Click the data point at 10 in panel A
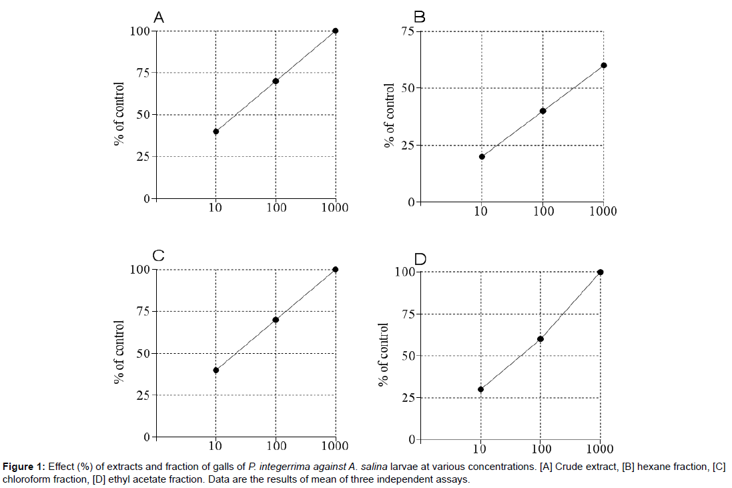pyautogui.click(x=216, y=132)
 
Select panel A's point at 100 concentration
pyautogui.click(x=276, y=81)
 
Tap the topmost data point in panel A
pyautogui.click(x=335, y=31)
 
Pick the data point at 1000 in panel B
pyautogui.click(x=604, y=65)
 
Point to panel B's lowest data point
pyautogui.click(x=482, y=157)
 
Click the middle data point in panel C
pyautogui.click(x=276, y=320)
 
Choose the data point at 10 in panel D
pyautogui.click(x=480, y=389)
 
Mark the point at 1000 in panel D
pyautogui.click(x=601, y=272)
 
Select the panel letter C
pyautogui.click(x=159, y=256)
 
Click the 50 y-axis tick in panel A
pyautogui.click(x=141, y=115)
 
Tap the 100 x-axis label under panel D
pyautogui.click(x=541, y=449)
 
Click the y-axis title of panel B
pyautogui.click(x=390, y=115)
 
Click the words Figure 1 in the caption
pyautogui.click(x=24, y=466)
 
